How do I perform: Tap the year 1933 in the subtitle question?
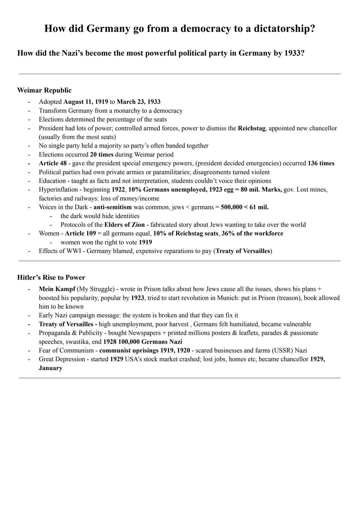pyautogui.click(x=294, y=53)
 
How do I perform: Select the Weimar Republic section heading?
pyautogui.click(x=44, y=90)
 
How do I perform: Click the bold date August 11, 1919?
pyautogui.click(x=86, y=102)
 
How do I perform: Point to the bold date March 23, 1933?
pyautogui.click(x=138, y=102)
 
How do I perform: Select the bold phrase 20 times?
pyautogui.click(x=102, y=155)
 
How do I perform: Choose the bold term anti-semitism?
pyautogui.click(x=112, y=207)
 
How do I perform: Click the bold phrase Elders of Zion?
pyautogui.click(x=124, y=225)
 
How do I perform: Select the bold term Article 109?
pyautogui.click(x=80, y=234)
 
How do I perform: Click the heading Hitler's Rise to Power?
pyautogui.click(x=51, y=277)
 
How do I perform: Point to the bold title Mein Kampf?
pyautogui.click(x=57, y=289)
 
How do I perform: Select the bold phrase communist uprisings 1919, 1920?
pyautogui.click(x=145, y=350)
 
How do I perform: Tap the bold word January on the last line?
pyautogui.click(x=50, y=368)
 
